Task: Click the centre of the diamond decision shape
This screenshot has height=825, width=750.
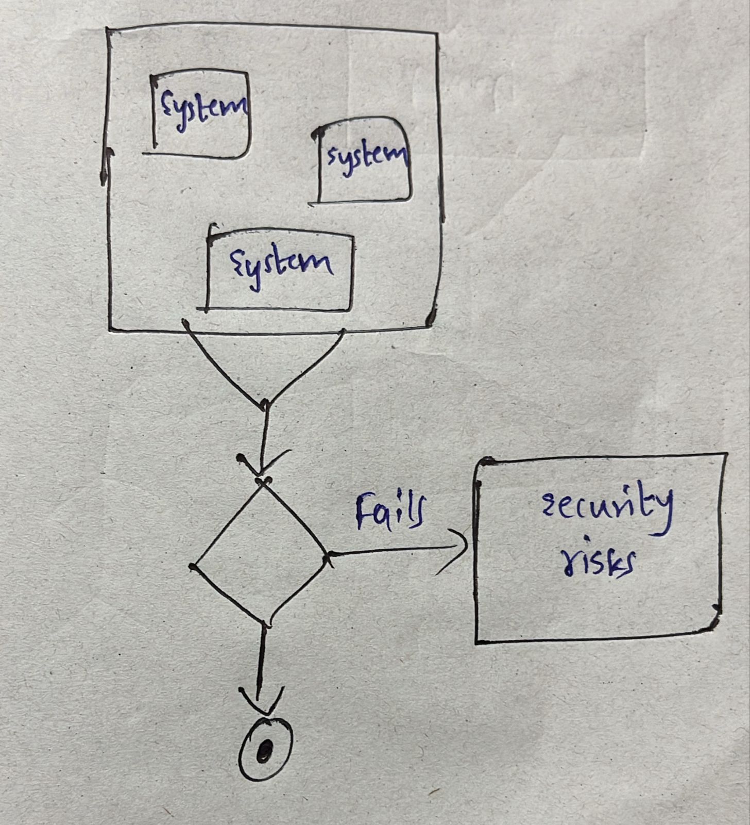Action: pyautogui.click(x=260, y=554)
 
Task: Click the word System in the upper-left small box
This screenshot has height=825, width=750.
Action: pyautogui.click(x=202, y=108)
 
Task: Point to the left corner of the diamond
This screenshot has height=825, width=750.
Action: pyautogui.click(x=193, y=567)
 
